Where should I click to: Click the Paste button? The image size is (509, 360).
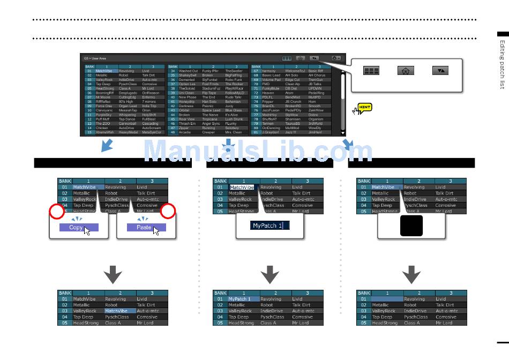[x=146, y=227]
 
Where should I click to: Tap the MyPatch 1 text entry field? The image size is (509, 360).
[x=270, y=226]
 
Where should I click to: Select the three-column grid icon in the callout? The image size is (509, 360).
[x=371, y=71]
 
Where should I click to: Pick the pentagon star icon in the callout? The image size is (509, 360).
[x=406, y=71]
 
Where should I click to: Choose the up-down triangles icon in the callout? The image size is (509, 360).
[x=439, y=71]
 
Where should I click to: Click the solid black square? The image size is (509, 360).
[x=411, y=226]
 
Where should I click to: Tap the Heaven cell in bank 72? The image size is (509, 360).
[x=268, y=93]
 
